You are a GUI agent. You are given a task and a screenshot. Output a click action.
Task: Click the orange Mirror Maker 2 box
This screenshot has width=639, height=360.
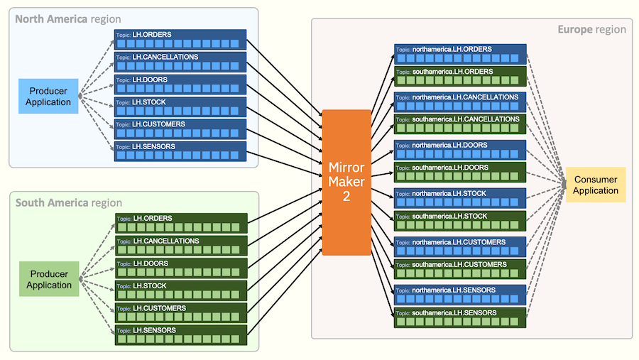[346, 182]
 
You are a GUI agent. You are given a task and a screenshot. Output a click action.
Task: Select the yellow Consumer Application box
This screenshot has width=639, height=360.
[596, 185]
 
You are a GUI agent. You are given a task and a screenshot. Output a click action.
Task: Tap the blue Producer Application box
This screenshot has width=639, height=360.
[48, 96]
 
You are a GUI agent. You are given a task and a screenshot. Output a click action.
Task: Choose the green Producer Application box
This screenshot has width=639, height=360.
[49, 280]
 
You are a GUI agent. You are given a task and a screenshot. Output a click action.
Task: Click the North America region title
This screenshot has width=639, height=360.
[67, 18]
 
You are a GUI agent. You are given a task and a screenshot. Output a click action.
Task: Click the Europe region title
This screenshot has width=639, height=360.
[591, 29]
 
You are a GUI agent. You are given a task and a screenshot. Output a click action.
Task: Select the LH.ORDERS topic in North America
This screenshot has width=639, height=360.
[180, 40]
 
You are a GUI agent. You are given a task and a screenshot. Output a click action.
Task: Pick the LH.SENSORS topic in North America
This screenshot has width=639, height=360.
[180, 151]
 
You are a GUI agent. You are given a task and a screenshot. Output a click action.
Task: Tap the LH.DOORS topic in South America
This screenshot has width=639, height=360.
[180, 268]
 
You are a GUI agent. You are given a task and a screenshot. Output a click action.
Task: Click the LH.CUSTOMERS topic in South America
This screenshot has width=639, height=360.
[180, 313]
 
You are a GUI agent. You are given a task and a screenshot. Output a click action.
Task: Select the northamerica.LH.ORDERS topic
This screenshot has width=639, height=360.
[460, 54]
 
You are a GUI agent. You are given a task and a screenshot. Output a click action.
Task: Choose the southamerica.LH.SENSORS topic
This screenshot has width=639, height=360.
[460, 317]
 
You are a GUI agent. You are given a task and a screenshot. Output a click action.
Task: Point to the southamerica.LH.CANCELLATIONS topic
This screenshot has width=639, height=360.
[460, 124]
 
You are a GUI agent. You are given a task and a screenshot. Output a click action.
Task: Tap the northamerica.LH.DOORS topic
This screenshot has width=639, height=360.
[460, 150]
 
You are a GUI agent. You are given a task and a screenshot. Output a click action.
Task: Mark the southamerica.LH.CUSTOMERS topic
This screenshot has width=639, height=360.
[460, 269]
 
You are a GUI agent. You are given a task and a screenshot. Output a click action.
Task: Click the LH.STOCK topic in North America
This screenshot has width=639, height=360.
[180, 107]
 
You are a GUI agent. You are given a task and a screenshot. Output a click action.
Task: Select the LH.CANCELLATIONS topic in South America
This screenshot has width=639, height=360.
[180, 246]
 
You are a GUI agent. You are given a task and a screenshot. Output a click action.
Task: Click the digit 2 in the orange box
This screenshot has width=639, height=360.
[346, 197]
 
